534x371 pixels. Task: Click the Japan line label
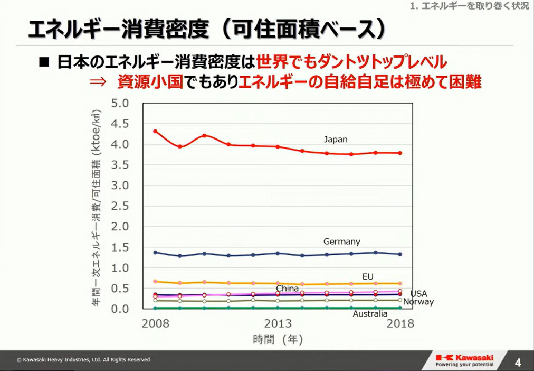336,140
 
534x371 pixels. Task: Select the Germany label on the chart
341,242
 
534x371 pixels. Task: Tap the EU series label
368,276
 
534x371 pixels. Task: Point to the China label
287,289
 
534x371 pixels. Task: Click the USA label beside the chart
418,293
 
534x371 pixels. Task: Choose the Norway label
418,302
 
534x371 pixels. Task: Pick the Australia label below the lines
370,314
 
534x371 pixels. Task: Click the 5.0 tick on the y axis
120,103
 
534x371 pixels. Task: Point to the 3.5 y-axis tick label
120,165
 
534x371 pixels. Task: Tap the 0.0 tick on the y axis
120,309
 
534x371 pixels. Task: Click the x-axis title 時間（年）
278,340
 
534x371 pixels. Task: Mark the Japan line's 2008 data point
155,131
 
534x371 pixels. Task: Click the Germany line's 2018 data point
400,254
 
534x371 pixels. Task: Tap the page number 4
518,363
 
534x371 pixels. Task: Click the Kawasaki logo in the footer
464,359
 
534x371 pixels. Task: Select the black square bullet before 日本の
44,63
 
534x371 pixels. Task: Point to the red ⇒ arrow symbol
98,82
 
